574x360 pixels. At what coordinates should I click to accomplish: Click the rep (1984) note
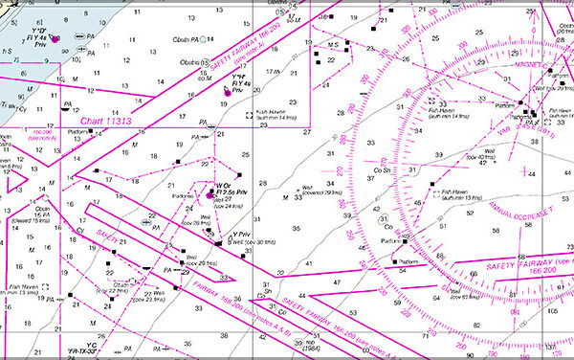click(311, 344)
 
